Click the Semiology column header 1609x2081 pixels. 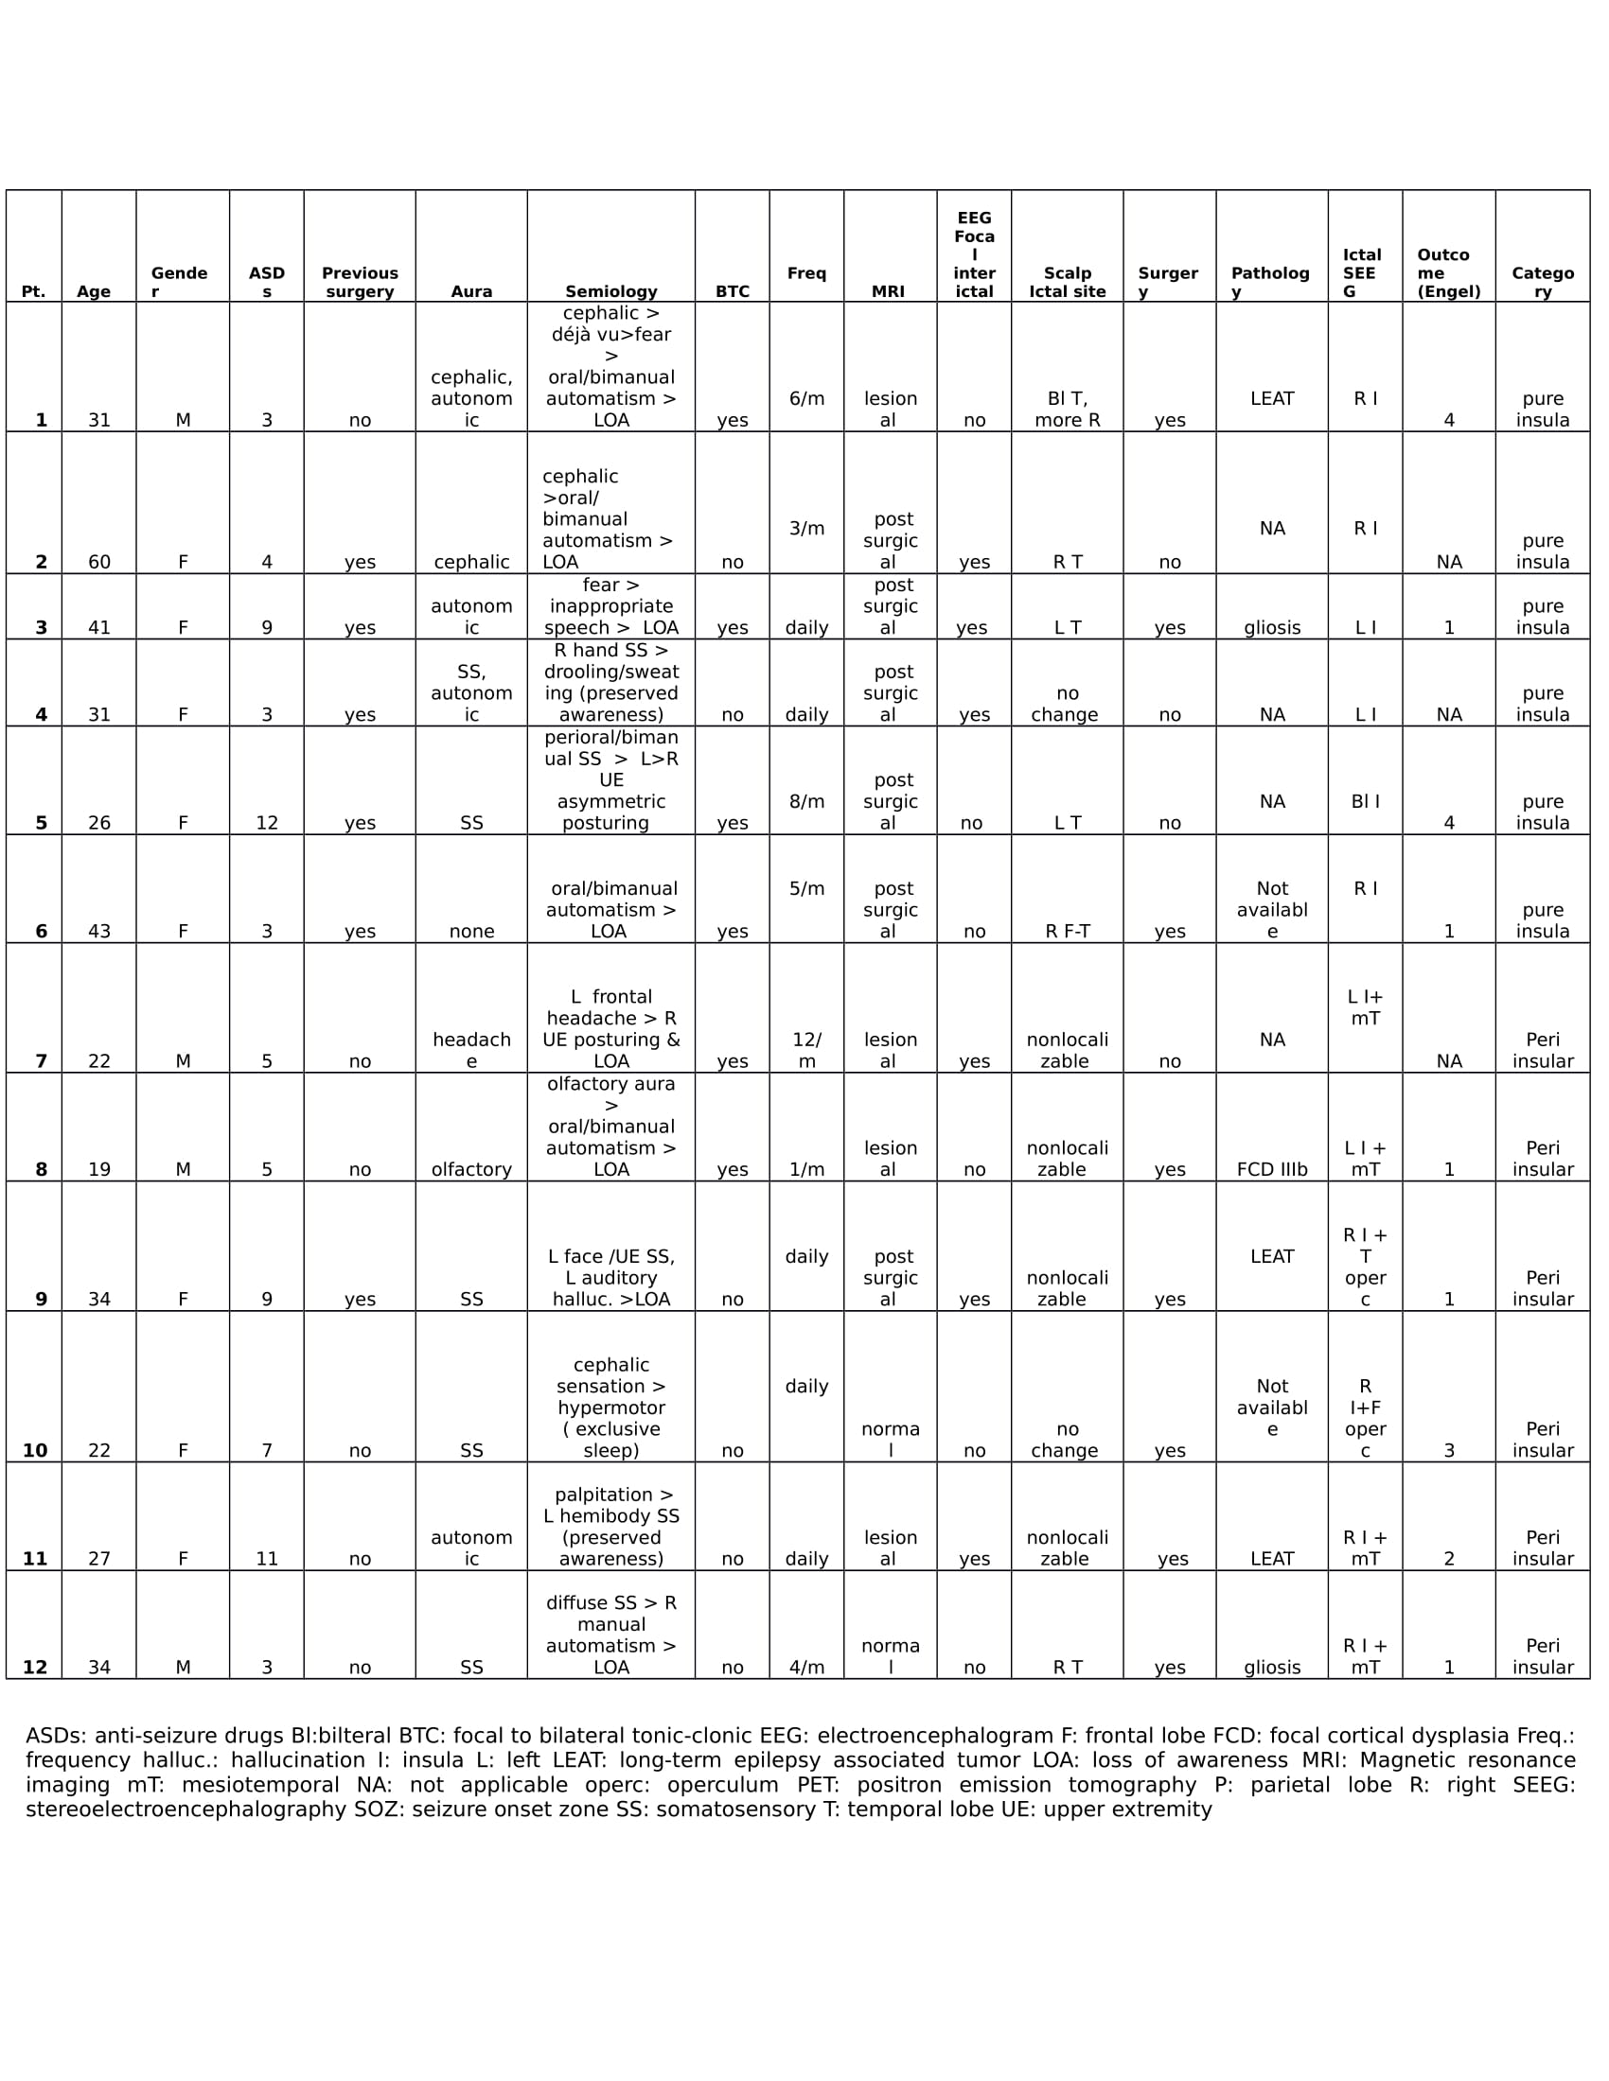pos(611,291)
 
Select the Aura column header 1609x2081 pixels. pos(471,291)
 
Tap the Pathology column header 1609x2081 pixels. pos(1270,282)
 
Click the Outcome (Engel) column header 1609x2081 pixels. pos(1448,273)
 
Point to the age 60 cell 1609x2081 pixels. pos(99,562)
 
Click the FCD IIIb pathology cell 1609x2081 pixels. pos(1271,1169)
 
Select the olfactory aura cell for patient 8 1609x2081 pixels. pos(471,1169)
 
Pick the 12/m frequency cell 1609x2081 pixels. pos(806,1050)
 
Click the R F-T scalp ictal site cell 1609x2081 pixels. pos(1067,931)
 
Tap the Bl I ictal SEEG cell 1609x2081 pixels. pos(1365,801)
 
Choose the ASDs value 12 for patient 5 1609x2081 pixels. pos(267,823)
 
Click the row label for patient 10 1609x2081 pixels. pos(35,1450)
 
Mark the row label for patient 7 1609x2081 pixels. pos(41,1060)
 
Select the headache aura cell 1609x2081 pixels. pos(471,1050)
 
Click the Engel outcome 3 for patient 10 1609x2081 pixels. pos(1449,1450)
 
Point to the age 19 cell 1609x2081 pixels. pos(99,1169)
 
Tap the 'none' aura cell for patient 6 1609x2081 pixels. pos(471,931)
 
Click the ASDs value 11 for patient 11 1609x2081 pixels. pos(267,1559)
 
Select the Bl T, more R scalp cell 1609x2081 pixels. pos(1067,410)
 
